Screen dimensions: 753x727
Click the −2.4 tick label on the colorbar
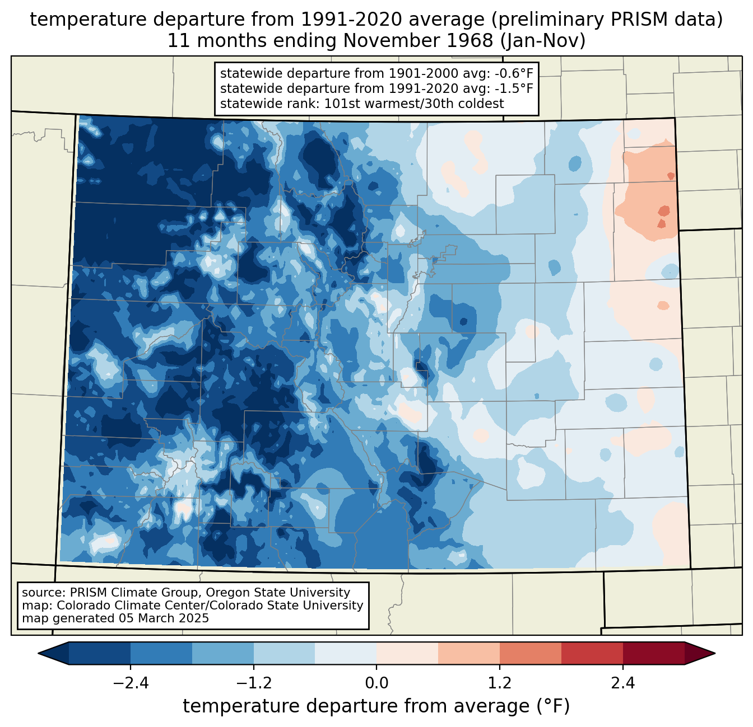tap(131, 683)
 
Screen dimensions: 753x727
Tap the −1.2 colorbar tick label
tap(254, 683)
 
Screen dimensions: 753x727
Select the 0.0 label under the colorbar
tap(376, 683)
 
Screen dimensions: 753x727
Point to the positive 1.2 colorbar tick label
tap(500, 683)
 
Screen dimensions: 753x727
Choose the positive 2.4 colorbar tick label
tap(623, 683)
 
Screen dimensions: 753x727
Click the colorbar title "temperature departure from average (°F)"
tap(376, 706)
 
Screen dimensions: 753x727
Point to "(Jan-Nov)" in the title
tap(542, 41)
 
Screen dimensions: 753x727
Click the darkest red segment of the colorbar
tap(654, 654)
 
